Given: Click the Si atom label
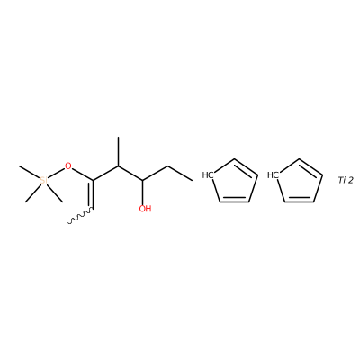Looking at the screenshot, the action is (x=44, y=180).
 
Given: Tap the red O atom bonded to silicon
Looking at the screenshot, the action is (x=68, y=166).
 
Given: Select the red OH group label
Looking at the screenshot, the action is (x=145, y=209).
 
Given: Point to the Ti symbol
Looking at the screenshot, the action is (x=342, y=180).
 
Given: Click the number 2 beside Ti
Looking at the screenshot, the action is (x=350, y=180).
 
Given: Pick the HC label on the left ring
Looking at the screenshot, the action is (x=207, y=175).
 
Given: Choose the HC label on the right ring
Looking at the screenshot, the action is (x=273, y=175).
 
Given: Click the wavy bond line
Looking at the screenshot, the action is (x=80, y=216).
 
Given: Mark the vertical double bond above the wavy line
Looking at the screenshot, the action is (x=92, y=194).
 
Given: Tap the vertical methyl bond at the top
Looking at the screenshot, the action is (x=118, y=151).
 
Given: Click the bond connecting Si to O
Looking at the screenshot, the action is (x=56, y=174).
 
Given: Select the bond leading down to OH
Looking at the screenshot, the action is (x=143, y=193).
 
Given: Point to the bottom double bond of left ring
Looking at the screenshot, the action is (x=234, y=200).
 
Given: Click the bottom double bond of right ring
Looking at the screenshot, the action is (x=300, y=200).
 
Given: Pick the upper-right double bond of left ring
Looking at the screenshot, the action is (x=245, y=167).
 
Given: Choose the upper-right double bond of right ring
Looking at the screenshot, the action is (x=310, y=167).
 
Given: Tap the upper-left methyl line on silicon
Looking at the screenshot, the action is (x=30, y=172).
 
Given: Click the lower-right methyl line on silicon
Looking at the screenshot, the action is (x=55, y=193).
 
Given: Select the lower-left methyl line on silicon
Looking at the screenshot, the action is (x=33, y=193).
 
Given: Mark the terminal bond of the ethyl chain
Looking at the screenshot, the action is (x=180, y=174).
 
